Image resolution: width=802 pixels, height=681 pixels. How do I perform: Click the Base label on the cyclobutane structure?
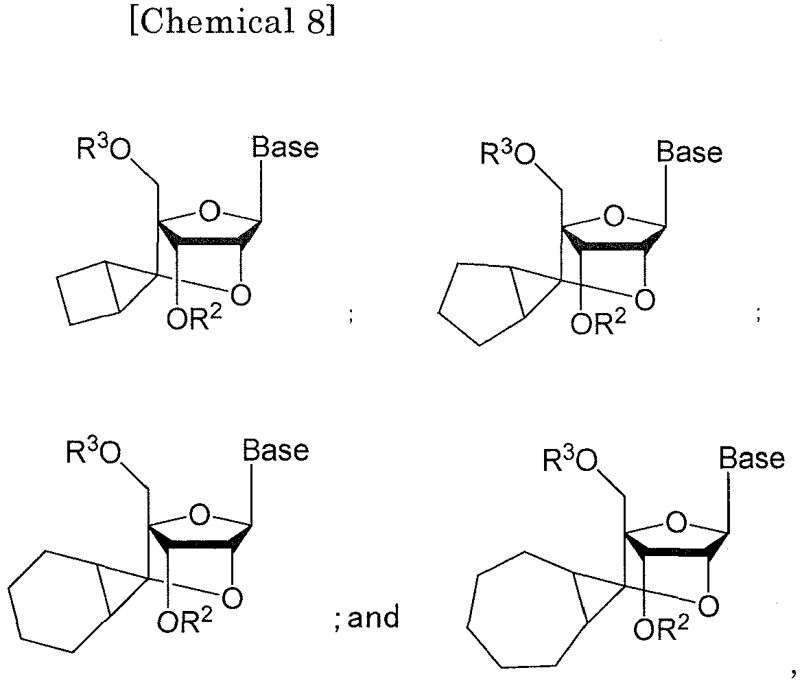point(285,148)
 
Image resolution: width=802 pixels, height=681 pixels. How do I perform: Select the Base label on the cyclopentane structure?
point(689,152)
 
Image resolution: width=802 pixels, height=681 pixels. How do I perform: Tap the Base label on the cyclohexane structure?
point(276,450)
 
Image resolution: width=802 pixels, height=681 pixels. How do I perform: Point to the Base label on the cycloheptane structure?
point(751,458)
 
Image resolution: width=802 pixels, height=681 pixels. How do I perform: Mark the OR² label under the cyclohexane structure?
point(185,623)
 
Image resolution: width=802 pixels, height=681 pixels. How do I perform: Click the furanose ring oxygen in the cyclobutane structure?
point(211,211)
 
